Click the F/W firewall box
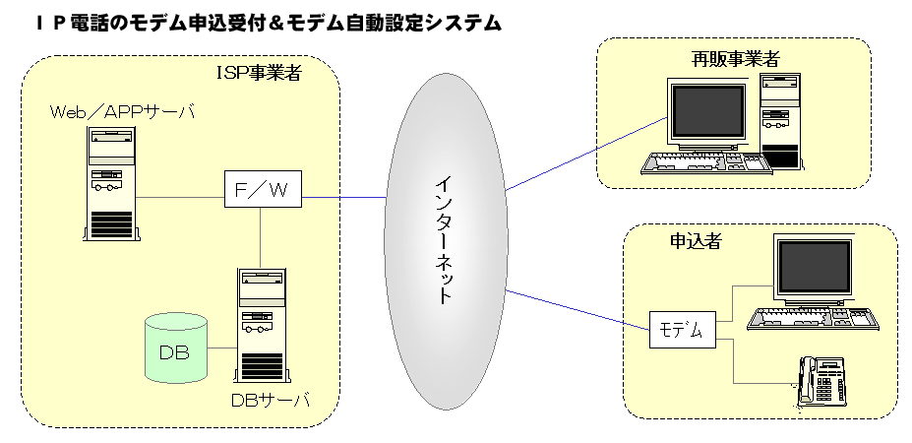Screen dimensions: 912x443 tap(263, 189)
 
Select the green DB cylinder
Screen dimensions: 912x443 tap(176, 348)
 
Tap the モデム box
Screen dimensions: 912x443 tap(683, 330)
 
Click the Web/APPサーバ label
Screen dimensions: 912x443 tap(122, 111)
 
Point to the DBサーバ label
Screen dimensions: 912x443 tap(270, 401)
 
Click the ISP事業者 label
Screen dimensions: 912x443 tap(260, 73)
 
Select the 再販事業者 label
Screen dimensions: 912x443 tap(735, 58)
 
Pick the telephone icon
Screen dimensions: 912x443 tap(821, 381)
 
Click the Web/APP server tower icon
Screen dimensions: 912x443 tap(112, 183)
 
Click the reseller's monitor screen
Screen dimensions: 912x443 tap(708, 110)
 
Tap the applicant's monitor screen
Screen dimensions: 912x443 tap(815, 267)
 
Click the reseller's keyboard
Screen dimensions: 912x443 tap(706, 163)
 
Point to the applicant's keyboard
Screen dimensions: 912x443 tap(813, 319)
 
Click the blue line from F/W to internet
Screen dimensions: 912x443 tap(344, 197)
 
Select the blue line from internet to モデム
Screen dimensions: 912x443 tap(578, 310)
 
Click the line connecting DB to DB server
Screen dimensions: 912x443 tap(221, 348)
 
